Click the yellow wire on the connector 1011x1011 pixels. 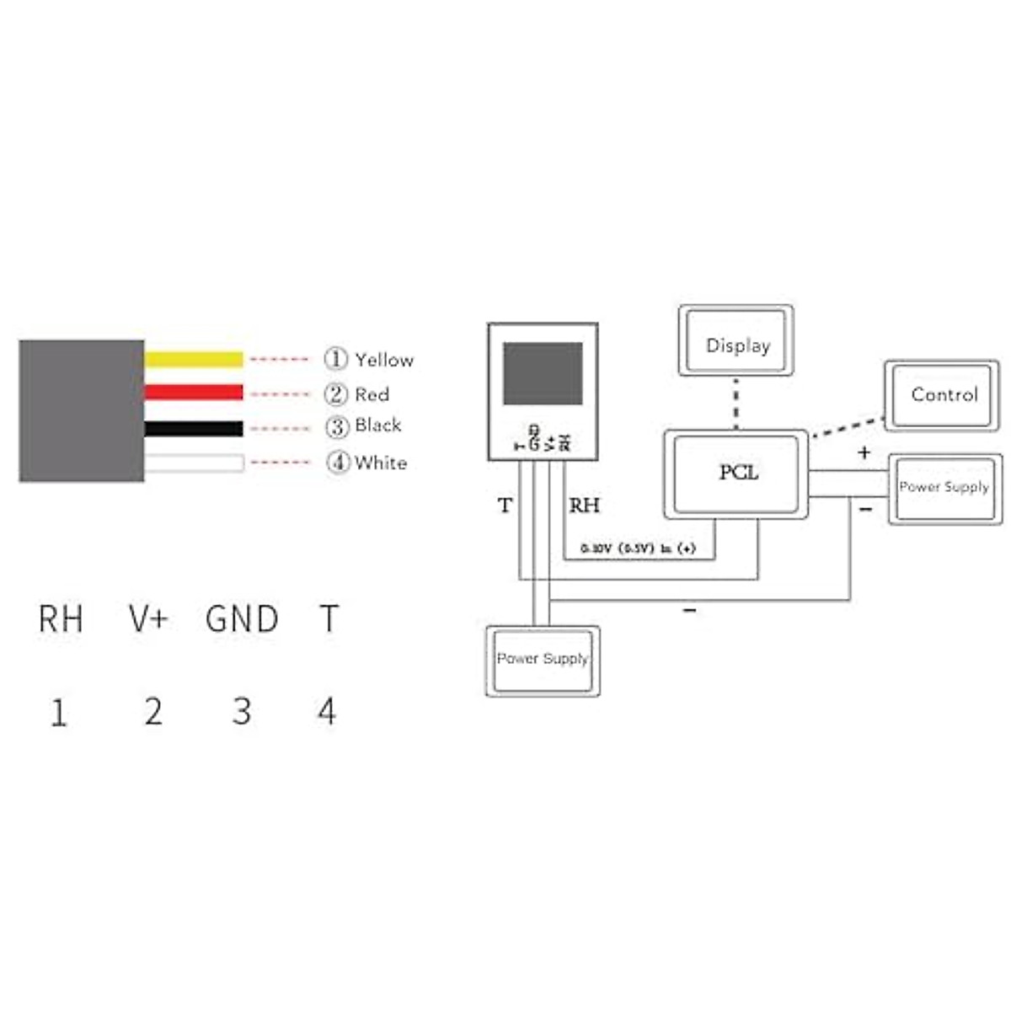point(194,359)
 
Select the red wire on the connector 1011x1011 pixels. point(194,393)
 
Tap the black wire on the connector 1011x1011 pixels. point(194,428)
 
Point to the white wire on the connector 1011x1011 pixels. point(194,463)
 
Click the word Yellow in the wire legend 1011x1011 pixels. point(384,360)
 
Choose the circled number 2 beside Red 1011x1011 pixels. point(336,393)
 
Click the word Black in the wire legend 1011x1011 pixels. point(377,425)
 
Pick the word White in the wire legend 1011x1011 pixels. point(381,463)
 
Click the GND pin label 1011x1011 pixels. point(242,619)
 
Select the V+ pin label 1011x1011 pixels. point(149,619)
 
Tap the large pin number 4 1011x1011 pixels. point(327,712)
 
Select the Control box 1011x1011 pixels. point(943,394)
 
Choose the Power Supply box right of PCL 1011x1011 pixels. point(944,489)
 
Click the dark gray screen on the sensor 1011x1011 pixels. point(543,373)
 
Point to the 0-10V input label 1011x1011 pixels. point(638,548)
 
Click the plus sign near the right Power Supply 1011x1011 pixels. point(864,452)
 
